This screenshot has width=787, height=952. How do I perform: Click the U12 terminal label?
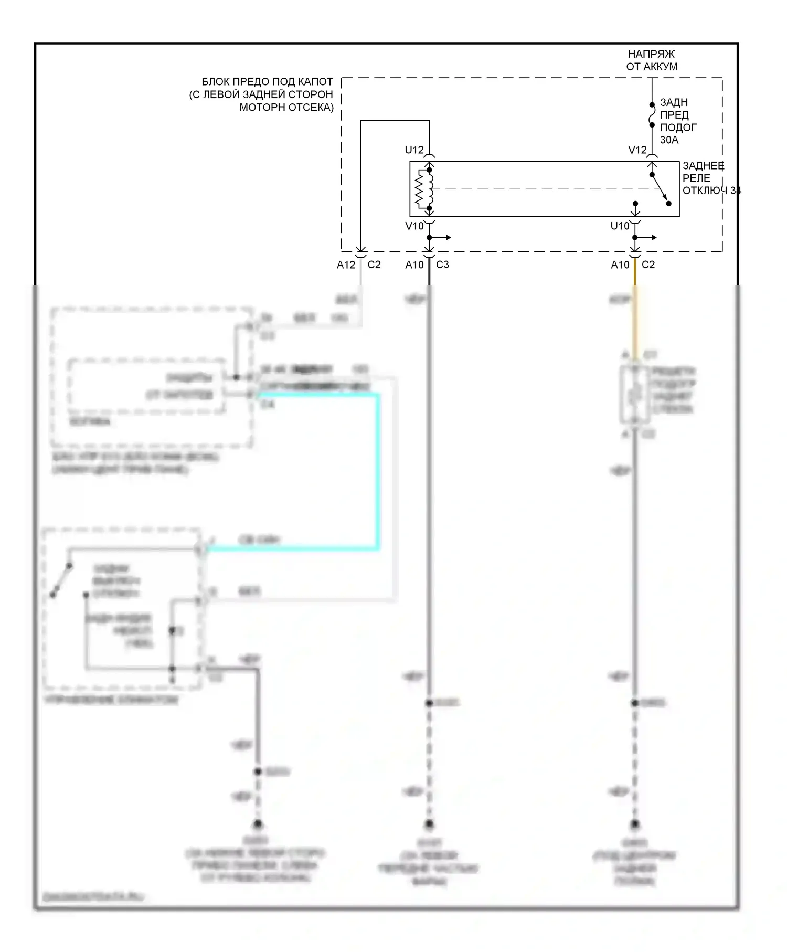coord(414,150)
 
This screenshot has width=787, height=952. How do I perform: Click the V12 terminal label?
coord(637,150)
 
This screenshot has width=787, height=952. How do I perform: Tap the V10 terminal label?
coord(414,226)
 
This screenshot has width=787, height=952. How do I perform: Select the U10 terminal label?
coord(620,226)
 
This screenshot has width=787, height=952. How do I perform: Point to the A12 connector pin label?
coord(346,265)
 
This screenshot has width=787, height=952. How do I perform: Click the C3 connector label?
coord(442,265)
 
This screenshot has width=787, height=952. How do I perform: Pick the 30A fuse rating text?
coord(669,140)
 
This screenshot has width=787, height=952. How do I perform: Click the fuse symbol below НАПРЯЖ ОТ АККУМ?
coord(652,115)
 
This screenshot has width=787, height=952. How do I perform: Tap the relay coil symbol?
coord(425,189)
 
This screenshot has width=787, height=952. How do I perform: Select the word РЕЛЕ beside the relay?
coord(696,178)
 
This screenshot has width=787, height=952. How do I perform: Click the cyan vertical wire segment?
coord(377,472)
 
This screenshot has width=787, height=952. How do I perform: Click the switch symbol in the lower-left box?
coord(61,580)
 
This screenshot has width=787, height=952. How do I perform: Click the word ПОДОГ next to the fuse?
coord(678,128)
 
